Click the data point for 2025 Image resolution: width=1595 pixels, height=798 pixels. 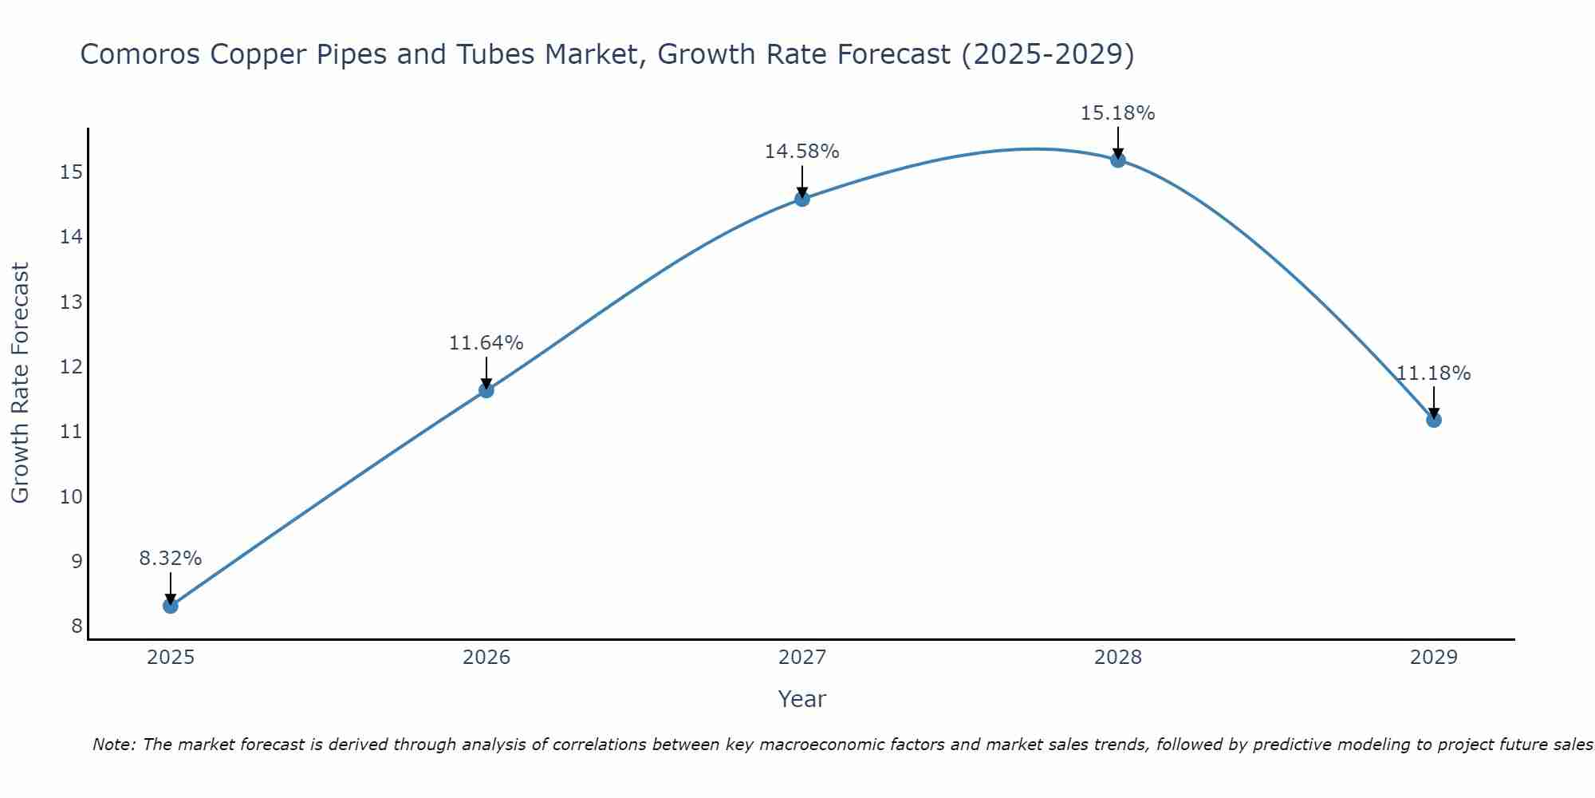171,606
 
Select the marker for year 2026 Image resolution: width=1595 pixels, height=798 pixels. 486,390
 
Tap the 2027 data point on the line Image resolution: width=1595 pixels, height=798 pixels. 802,199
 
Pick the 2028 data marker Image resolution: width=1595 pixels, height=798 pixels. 1118,160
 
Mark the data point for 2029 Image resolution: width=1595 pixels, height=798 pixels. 1434,420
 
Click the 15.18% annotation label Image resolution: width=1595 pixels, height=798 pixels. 1117,113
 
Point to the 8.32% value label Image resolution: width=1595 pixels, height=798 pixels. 171,559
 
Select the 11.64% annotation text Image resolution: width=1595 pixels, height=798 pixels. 486,343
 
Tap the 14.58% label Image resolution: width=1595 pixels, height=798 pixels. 801,152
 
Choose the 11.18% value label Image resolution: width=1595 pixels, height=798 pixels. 1433,373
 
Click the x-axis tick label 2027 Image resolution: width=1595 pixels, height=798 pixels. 802,658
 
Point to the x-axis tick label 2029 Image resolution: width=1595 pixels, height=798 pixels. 1434,658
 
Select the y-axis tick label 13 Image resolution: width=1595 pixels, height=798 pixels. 72,302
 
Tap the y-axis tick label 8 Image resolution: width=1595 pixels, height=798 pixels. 77,626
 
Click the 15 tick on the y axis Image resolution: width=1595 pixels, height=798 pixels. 72,172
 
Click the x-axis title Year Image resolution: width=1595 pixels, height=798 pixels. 801,699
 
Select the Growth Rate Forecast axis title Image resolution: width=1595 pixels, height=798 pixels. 20,382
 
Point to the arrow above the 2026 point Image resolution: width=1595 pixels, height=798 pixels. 486,373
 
